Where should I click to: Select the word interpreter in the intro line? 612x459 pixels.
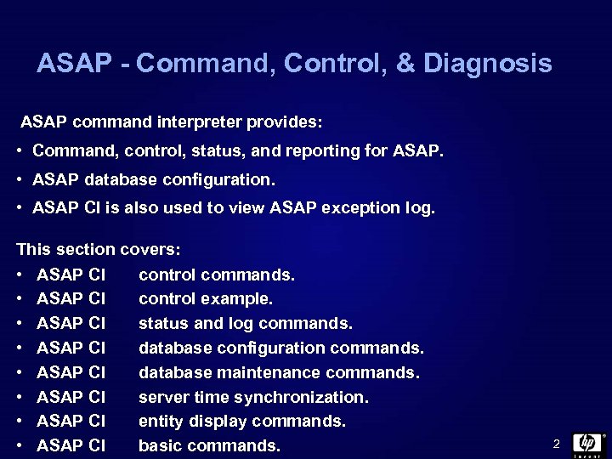tap(201, 122)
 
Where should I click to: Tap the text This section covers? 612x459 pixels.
tap(99, 250)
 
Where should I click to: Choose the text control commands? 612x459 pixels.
tap(216, 275)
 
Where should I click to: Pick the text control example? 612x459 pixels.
tap(206, 299)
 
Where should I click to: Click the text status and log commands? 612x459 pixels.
tap(245, 324)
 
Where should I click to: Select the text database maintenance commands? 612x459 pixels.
tap(280, 372)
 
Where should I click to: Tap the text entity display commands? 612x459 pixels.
tap(241, 422)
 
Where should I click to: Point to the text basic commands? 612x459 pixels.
tap(209, 445)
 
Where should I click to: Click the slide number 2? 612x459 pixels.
tap(556, 444)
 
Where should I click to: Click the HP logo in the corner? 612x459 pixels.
tap(587, 444)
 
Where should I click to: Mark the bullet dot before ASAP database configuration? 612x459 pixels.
tap(19, 180)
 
